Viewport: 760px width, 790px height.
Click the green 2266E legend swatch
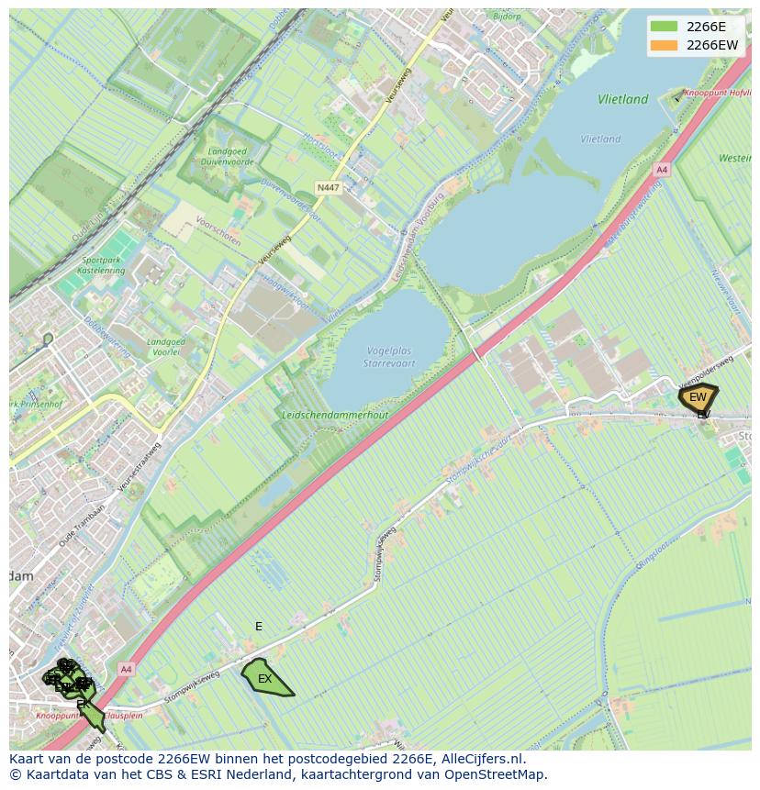coord(663,27)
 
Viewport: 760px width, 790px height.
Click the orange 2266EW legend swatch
coord(663,45)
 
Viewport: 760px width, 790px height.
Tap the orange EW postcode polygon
coord(698,397)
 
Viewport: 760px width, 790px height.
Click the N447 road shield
coord(328,187)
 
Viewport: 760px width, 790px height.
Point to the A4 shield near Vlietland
coord(662,170)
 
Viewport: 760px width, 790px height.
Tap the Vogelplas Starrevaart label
coord(389,358)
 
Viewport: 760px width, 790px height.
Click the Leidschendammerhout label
coord(336,415)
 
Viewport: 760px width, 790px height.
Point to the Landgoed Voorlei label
coord(166,348)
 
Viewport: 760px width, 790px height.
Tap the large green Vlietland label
coord(622,99)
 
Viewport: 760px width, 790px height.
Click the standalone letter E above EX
coord(259,627)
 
